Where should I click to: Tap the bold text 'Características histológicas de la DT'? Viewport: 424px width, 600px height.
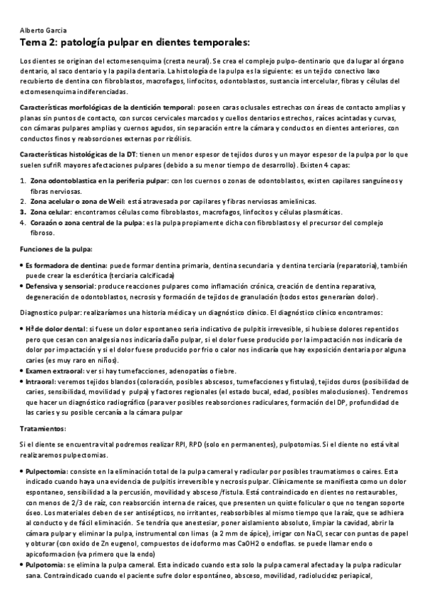tap(79, 154)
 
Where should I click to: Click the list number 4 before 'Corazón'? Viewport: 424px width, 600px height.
tap(23, 222)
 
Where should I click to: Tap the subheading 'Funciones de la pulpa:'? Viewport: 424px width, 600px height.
tap(56, 249)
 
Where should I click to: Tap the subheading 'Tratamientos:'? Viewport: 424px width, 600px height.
tap(44, 428)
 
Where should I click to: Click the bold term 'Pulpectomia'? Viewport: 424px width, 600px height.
tap(47, 469)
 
